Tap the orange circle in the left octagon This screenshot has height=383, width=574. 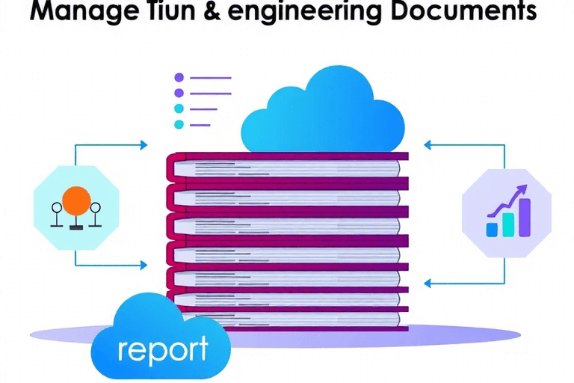pyautogui.click(x=76, y=200)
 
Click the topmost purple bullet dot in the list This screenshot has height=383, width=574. pyautogui.click(x=179, y=77)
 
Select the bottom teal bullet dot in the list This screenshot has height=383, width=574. pyautogui.click(x=179, y=125)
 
